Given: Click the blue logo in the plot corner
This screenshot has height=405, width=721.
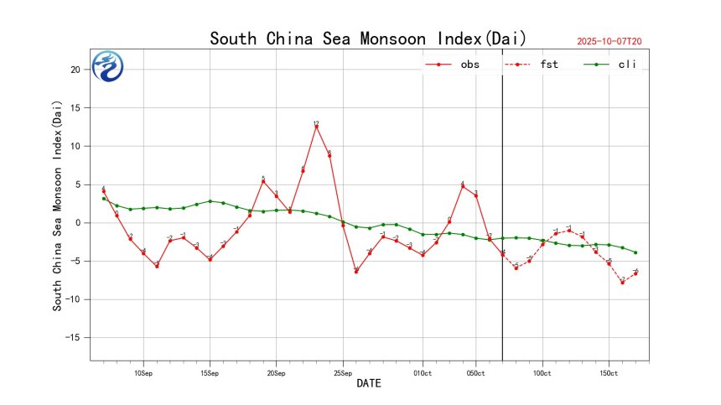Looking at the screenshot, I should (x=108, y=66).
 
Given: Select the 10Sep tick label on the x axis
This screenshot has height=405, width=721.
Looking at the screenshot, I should (x=143, y=372).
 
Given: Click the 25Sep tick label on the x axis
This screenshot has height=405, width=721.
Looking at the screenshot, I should (x=342, y=372).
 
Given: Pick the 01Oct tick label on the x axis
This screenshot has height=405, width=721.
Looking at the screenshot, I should (x=422, y=372).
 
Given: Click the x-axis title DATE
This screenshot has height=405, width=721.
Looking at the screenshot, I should (x=369, y=384).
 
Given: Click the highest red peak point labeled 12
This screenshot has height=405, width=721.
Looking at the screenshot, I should (x=316, y=127).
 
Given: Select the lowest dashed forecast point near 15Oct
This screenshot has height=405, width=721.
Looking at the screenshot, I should (x=622, y=282).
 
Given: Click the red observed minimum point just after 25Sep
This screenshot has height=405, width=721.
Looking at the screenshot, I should (x=356, y=272).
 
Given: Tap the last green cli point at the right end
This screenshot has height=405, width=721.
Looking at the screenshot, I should (x=635, y=252).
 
